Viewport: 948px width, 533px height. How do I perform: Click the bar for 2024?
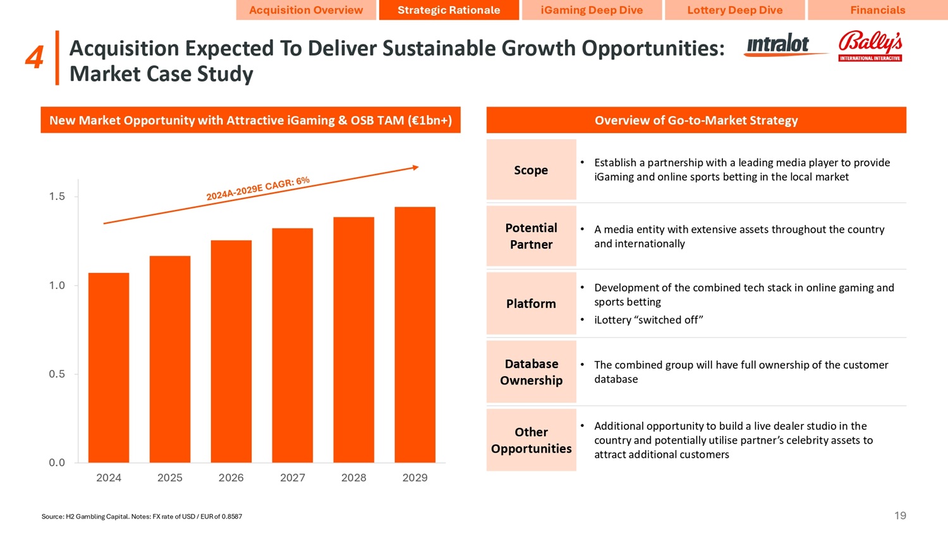tap(109, 367)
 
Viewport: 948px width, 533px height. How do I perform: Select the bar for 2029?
tap(415, 334)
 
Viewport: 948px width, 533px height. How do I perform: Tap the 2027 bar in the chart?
tap(293, 345)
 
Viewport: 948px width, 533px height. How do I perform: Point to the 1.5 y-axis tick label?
tap(57, 197)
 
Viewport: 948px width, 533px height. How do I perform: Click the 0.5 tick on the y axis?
tap(57, 374)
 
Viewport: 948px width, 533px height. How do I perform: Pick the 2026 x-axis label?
tap(231, 478)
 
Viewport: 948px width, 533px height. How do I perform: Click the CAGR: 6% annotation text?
tap(258, 189)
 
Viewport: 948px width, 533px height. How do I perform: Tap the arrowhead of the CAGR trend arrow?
tap(415, 168)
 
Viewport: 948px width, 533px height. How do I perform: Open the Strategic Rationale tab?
tap(449, 10)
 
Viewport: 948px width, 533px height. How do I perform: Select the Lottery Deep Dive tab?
tap(734, 10)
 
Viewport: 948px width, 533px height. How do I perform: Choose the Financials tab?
tap(877, 10)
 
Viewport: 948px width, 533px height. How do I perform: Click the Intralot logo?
tap(779, 46)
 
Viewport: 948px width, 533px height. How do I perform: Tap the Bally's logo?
tap(870, 46)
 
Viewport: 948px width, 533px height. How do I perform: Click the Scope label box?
tap(531, 170)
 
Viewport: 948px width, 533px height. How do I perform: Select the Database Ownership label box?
tap(531, 372)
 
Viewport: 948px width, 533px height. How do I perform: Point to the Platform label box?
tap(531, 303)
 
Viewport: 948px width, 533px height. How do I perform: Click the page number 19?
tap(900, 516)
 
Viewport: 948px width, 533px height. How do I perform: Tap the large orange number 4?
tap(34, 58)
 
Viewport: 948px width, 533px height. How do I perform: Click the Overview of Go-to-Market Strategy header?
tap(696, 120)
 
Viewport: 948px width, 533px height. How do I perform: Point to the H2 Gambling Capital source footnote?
tap(142, 517)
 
